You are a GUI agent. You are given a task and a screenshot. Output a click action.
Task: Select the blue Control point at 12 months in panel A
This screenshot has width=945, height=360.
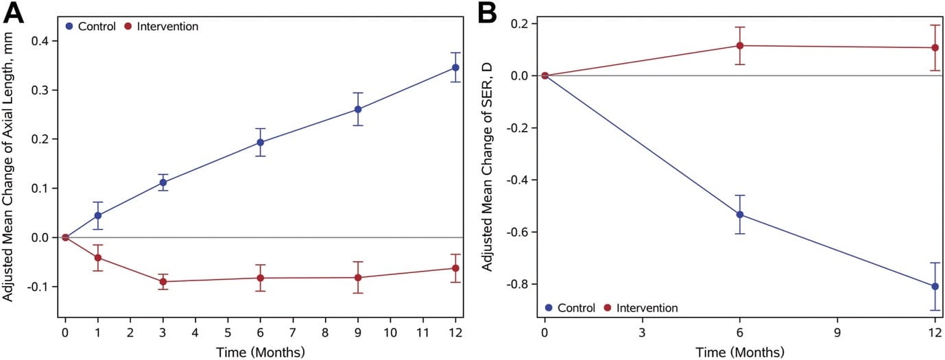pos(455,67)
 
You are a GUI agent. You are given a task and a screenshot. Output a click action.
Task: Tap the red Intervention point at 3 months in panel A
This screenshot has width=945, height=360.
pos(163,281)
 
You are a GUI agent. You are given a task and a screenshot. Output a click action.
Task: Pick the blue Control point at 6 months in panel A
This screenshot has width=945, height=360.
pos(261,143)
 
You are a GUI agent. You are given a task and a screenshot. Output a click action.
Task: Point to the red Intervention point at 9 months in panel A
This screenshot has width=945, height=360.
pos(358,278)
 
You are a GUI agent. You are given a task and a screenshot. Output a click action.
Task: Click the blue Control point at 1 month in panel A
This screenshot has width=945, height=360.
pos(98,215)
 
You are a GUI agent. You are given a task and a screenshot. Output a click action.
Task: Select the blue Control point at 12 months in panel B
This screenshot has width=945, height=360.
pos(935,286)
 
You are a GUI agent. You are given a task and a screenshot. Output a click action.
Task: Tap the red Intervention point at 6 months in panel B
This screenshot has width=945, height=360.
pos(740,45)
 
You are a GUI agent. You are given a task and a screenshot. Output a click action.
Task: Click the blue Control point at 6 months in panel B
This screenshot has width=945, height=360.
pos(740,215)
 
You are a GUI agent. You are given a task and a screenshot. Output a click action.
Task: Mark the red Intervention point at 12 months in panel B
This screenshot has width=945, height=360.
pos(935,47)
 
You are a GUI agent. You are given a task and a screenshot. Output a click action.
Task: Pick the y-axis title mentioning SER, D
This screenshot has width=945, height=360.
pos(488,169)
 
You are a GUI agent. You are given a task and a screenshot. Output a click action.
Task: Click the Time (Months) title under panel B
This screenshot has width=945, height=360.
pos(739,351)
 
